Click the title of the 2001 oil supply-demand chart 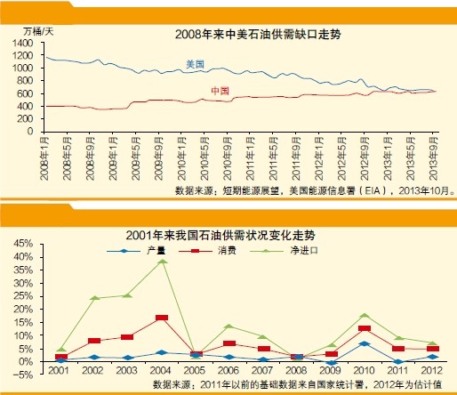pos(232,235)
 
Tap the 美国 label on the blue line pos(195,64)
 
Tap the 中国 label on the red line pos(220,92)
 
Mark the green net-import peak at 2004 pos(162,261)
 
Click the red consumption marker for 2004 pos(162,318)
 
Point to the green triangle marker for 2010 pos(364,315)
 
